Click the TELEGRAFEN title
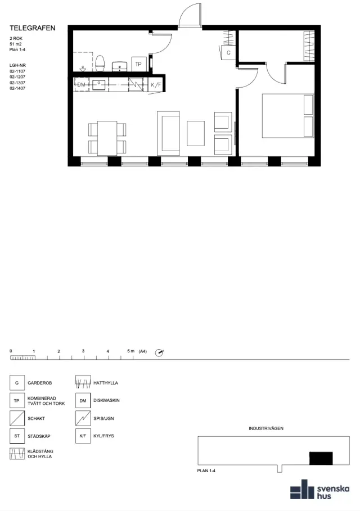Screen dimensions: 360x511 coord(32,28)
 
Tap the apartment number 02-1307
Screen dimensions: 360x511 coord(17,83)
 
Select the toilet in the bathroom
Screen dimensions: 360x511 coord(100,63)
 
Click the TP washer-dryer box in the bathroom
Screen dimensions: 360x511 coord(138,64)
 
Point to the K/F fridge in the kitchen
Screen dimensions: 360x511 coord(156,85)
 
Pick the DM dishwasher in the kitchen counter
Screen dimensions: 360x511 coord(81,85)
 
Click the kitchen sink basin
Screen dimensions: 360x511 coord(99,85)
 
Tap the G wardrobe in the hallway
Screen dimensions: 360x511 coord(228,52)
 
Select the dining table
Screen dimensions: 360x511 coord(107,138)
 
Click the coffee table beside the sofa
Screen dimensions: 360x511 coord(196,133)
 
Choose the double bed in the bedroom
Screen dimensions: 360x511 coord(288,116)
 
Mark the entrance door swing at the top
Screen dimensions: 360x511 coord(189,15)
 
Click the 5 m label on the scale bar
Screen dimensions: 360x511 coord(130,351)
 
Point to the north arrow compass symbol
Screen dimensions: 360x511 coord(159,352)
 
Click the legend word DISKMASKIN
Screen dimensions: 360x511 coord(106,400)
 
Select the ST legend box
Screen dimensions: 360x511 coord(17,436)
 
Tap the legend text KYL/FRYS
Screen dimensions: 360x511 coord(103,436)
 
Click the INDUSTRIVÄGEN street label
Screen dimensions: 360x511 coord(266,428)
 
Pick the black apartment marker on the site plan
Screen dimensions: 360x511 coord(321,458)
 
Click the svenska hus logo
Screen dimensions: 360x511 coord(320,490)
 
